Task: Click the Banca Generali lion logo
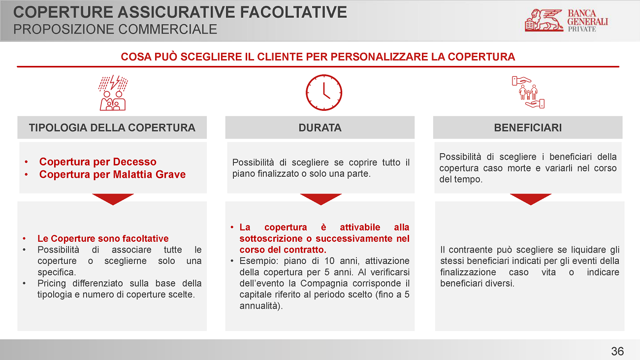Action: coord(544,20)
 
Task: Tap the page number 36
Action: coord(617,351)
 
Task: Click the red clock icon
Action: coord(324,93)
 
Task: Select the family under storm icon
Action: coord(113,93)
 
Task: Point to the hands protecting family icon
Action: coord(528,92)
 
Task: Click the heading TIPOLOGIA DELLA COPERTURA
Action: coord(112,128)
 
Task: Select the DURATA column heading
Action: coord(320,128)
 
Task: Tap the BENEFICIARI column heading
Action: coord(528,128)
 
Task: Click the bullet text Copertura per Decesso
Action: coord(97,162)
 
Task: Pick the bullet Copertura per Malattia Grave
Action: coord(112,174)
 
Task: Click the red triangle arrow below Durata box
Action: coord(320,199)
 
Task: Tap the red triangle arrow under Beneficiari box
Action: coord(531,199)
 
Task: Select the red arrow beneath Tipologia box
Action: coord(113,199)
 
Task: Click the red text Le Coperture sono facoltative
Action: coord(103,238)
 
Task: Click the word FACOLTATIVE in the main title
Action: coord(293,12)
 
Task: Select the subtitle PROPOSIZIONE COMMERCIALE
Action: coord(115,29)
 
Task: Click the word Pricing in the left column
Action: coord(51,284)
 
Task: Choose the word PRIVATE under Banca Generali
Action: coord(582,29)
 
